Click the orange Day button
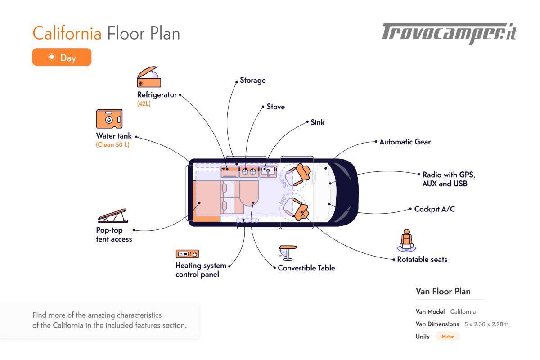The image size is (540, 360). pyautogui.click(x=62, y=57)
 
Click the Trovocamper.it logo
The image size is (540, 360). pyautogui.click(x=450, y=33)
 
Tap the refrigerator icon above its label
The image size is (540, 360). pyautogui.click(x=148, y=77)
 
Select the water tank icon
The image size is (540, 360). pyautogui.click(x=109, y=119)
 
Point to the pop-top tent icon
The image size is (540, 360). pyautogui.click(x=112, y=216)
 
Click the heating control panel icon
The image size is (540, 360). pyautogui.click(x=187, y=254)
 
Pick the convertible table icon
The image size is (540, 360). pyautogui.click(x=288, y=252)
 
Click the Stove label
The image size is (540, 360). pyautogui.click(x=275, y=107)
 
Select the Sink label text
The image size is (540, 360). pyautogui.click(x=317, y=122)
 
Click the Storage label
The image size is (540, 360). pyautogui.click(x=252, y=81)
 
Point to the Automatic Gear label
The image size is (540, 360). pyautogui.click(x=405, y=142)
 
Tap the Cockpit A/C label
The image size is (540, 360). pyautogui.click(x=434, y=209)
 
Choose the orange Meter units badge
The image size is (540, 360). pyautogui.click(x=447, y=337)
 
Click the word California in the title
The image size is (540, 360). pyautogui.click(x=67, y=34)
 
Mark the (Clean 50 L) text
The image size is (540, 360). pyautogui.click(x=112, y=145)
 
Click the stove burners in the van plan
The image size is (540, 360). pyautogui.click(x=249, y=171)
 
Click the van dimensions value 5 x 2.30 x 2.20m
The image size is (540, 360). pyautogui.click(x=486, y=324)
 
